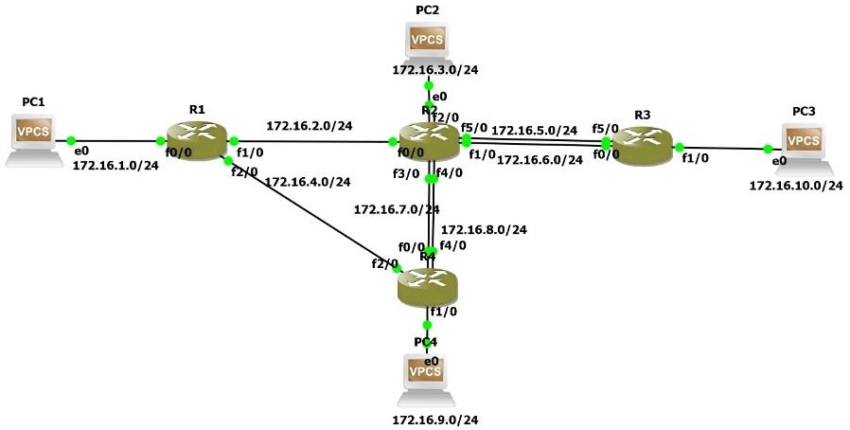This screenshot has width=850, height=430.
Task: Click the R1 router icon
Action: [x=197, y=142]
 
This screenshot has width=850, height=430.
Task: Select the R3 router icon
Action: [x=643, y=146]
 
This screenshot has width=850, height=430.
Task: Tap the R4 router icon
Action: [x=428, y=284]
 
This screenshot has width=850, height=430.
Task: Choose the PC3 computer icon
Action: [x=804, y=144]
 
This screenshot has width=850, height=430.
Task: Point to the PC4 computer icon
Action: [x=425, y=374]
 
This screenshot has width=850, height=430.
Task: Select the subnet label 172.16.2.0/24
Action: [x=310, y=125]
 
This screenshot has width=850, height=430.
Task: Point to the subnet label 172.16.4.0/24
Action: [x=308, y=182]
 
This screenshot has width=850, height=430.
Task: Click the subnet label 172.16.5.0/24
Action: [x=535, y=130]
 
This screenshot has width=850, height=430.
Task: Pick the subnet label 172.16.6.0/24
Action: [x=540, y=160]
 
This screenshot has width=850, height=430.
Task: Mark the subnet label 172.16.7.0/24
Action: [x=397, y=208]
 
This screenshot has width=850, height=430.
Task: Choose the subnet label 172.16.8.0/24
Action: [x=485, y=229]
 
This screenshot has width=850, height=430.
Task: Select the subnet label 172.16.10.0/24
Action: [x=796, y=185]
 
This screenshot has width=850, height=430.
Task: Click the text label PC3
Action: [x=804, y=111]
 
